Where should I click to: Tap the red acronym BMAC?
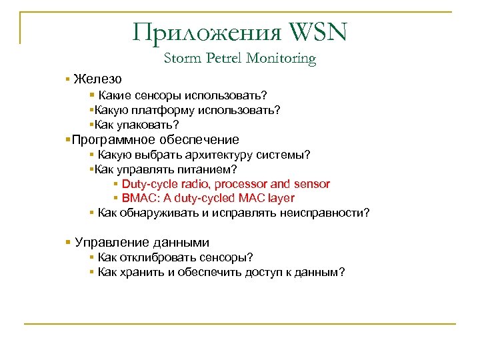(137, 198)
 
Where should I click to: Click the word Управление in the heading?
(111, 243)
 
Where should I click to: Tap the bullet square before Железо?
(68, 79)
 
